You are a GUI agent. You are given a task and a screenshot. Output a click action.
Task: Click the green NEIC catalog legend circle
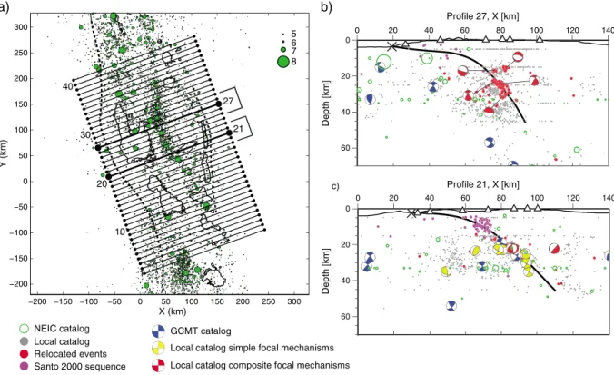pos(24,330)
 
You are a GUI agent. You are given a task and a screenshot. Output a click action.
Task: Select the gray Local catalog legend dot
pos(24,341)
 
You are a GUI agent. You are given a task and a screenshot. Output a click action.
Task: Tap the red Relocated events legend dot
pos(24,354)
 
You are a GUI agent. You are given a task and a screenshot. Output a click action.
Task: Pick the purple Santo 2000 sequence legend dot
pos(24,367)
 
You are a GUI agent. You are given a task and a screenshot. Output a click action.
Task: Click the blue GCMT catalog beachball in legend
pos(158,331)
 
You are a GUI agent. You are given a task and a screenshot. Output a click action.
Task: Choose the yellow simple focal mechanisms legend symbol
pos(158,348)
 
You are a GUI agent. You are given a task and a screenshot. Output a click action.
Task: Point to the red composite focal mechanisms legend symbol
pos(158,365)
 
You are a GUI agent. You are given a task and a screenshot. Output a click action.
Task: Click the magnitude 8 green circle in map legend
pos(282,62)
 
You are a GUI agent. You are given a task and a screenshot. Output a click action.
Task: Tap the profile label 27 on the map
pos(228,101)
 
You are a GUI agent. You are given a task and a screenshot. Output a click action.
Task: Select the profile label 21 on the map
pos(238,128)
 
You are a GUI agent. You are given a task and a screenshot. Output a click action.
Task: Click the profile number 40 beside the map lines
pos(68,86)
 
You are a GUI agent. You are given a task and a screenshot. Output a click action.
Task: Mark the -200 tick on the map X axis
pos(37,301)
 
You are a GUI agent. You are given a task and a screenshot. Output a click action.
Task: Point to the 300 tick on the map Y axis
pos(21,27)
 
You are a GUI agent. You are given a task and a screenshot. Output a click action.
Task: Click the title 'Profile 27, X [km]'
pos(483,16)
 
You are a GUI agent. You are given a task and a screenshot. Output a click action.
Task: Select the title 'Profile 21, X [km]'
pos(483,184)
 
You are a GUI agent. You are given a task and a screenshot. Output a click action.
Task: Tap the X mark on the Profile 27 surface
pos(392,46)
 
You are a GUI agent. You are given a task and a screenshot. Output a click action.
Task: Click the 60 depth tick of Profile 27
pos(347,148)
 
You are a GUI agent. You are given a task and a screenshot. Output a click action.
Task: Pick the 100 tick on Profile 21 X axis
pos(538,199)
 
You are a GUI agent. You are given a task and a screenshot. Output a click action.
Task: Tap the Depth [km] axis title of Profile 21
pos(325,271)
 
